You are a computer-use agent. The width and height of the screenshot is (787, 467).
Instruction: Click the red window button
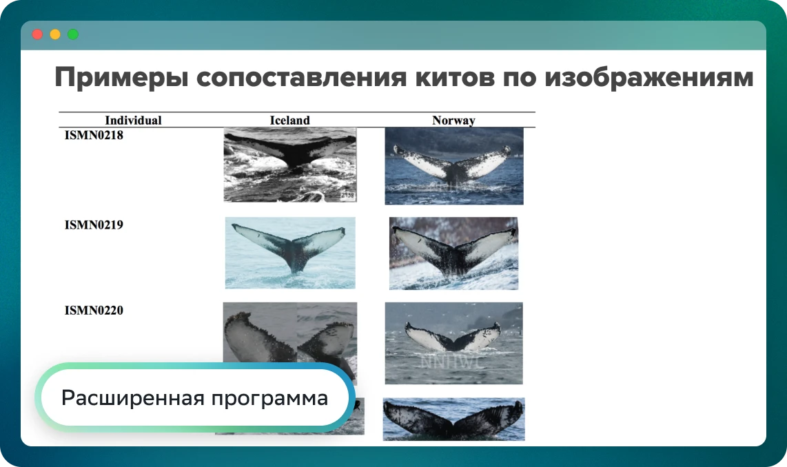coord(37,34)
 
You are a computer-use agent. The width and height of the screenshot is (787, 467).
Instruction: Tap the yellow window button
coord(55,34)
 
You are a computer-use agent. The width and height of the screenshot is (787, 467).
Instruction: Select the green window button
coord(73,34)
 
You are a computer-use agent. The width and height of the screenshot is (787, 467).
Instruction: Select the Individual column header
coord(133,121)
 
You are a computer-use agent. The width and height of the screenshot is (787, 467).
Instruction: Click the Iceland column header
coord(289,121)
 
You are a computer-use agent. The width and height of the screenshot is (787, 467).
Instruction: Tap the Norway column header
coord(453,121)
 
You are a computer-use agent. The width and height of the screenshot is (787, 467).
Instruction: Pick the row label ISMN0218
coord(94,136)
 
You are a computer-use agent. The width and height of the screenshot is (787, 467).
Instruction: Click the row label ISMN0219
coord(94,225)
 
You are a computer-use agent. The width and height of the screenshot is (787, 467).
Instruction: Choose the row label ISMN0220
coord(94,311)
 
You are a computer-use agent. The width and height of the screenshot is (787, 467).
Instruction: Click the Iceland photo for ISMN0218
coord(290,165)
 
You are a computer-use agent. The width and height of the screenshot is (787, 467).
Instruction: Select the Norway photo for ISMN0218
coord(454,166)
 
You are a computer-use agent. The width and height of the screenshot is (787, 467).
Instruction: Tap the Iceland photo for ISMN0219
coord(290,253)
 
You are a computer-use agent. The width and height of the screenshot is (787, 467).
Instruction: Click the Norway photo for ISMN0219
coord(453,253)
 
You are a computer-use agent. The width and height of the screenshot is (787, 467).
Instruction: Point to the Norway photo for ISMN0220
coord(453,343)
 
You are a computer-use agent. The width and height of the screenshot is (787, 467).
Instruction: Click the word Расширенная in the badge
coord(133,398)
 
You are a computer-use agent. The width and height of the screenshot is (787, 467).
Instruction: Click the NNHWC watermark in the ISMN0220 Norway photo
coord(451,362)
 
